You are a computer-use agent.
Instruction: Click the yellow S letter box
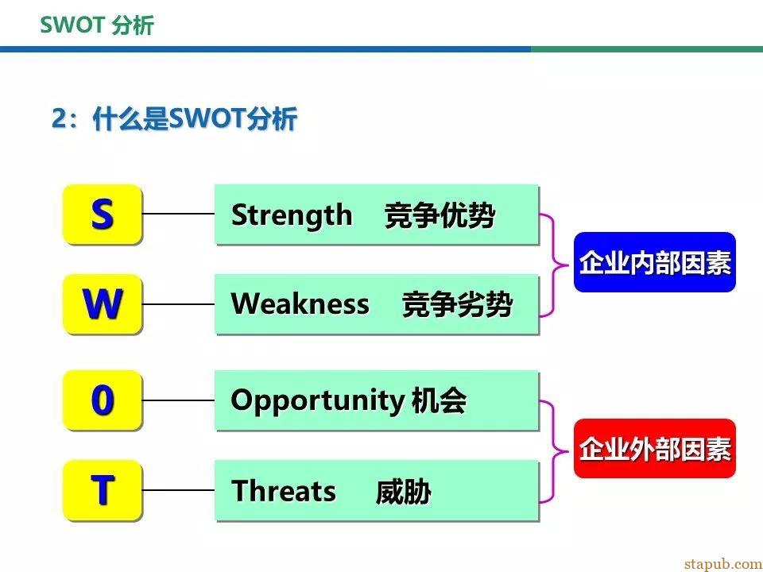103,214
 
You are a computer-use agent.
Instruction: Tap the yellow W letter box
103,304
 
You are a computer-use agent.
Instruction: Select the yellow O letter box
103,400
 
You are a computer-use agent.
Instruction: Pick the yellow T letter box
103,490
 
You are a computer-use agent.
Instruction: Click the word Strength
292,215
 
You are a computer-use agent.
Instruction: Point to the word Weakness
300,304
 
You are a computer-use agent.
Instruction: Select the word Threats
284,490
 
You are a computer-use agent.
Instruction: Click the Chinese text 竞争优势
440,215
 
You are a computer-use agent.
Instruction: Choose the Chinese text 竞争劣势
458,305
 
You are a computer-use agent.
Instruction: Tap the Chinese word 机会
439,400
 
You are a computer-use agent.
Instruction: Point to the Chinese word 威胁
404,491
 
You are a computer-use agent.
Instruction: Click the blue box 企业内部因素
654,262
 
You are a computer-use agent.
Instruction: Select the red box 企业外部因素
654,448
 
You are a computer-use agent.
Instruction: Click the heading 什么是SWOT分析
195,118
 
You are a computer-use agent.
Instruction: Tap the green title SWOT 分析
97,25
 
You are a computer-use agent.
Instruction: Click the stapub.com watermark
723,564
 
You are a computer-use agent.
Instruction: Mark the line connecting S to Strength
178,214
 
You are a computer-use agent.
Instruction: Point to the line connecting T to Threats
178,490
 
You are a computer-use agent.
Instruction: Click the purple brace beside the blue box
554,265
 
